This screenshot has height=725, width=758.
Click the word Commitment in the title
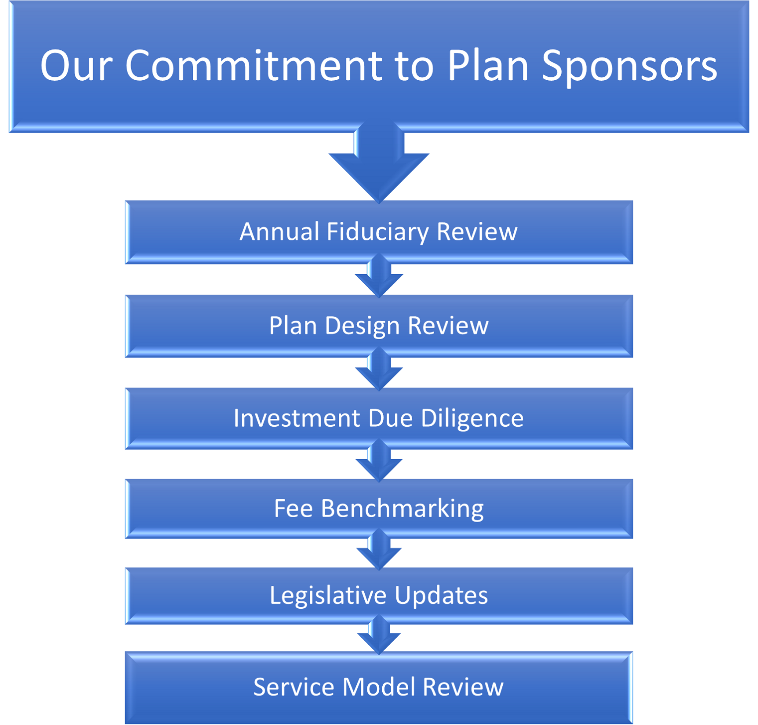click(x=254, y=65)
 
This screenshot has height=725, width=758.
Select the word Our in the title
click(x=76, y=66)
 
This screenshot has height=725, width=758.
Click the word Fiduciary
click(x=378, y=232)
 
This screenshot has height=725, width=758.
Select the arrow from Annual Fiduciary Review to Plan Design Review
click(x=379, y=276)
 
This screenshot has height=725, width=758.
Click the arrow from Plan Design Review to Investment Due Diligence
click(x=379, y=369)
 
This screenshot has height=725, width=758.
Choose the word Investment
click(x=297, y=418)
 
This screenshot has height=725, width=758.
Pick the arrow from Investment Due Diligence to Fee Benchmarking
click(x=379, y=461)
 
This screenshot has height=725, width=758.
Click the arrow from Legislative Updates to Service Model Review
click(x=379, y=635)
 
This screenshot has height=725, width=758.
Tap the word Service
click(x=294, y=687)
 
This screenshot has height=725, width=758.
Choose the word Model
click(x=379, y=687)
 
